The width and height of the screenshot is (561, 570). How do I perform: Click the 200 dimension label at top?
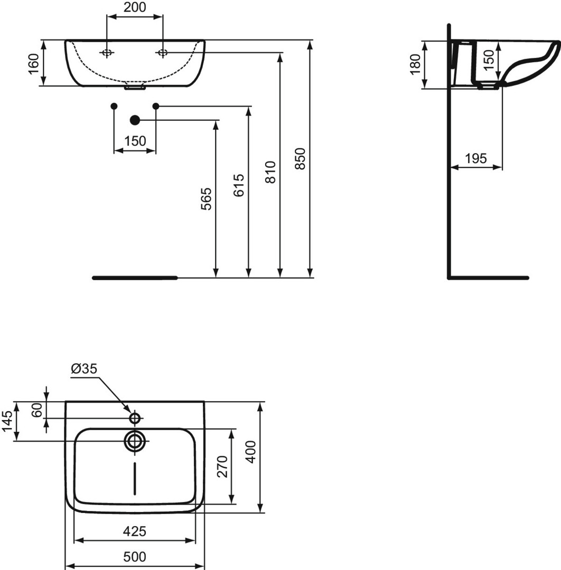(135, 7)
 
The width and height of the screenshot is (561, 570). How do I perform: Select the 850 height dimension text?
(300, 158)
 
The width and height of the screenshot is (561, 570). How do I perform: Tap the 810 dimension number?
(270, 172)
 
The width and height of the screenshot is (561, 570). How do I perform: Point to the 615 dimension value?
(239, 185)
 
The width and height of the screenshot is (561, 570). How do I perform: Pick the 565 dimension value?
(207, 199)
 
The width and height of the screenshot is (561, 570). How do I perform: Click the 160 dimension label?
(33, 64)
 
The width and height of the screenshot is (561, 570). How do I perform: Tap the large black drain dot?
(135, 120)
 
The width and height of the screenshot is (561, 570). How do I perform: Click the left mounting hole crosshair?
(107, 53)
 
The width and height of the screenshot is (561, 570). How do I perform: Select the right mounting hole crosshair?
(163, 53)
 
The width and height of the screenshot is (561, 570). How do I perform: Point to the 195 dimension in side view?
(475, 158)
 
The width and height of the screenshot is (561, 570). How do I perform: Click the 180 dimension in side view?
(415, 64)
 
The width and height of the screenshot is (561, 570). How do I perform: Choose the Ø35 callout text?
(84, 368)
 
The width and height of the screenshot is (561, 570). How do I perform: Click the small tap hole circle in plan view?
(135, 419)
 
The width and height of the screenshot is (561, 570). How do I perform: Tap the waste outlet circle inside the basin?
(135, 441)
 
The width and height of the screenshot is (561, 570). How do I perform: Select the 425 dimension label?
(135, 531)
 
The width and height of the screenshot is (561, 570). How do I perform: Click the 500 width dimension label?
(135, 557)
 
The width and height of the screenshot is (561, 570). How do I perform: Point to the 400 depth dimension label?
(251, 452)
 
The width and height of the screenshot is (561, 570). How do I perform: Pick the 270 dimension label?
(222, 467)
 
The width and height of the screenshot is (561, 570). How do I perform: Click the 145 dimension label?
(7, 421)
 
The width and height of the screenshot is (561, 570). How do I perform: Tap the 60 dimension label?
(37, 410)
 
